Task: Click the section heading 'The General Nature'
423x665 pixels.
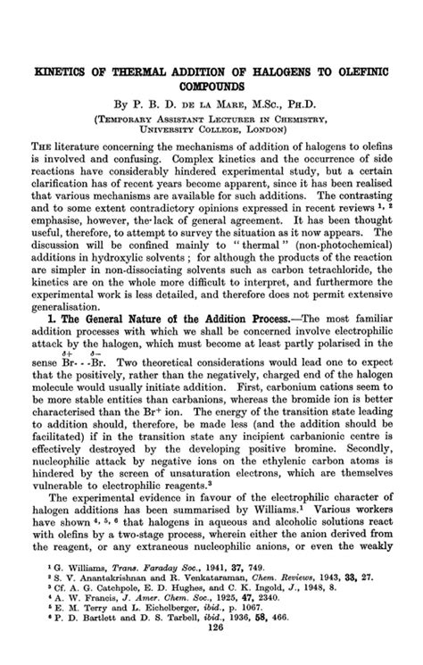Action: pos(121,341)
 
